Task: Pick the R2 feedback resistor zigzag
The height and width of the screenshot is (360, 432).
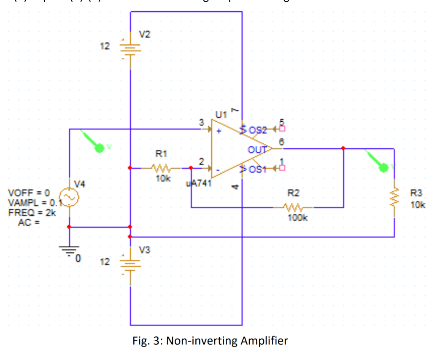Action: coord(294,207)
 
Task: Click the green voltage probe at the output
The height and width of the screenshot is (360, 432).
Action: coord(383,168)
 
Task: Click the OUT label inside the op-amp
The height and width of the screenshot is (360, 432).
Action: coord(256,149)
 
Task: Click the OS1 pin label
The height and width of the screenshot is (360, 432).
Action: coord(258,169)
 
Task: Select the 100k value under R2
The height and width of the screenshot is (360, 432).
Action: coord(298,218)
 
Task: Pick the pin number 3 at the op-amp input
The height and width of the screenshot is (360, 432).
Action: coord(202,122)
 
